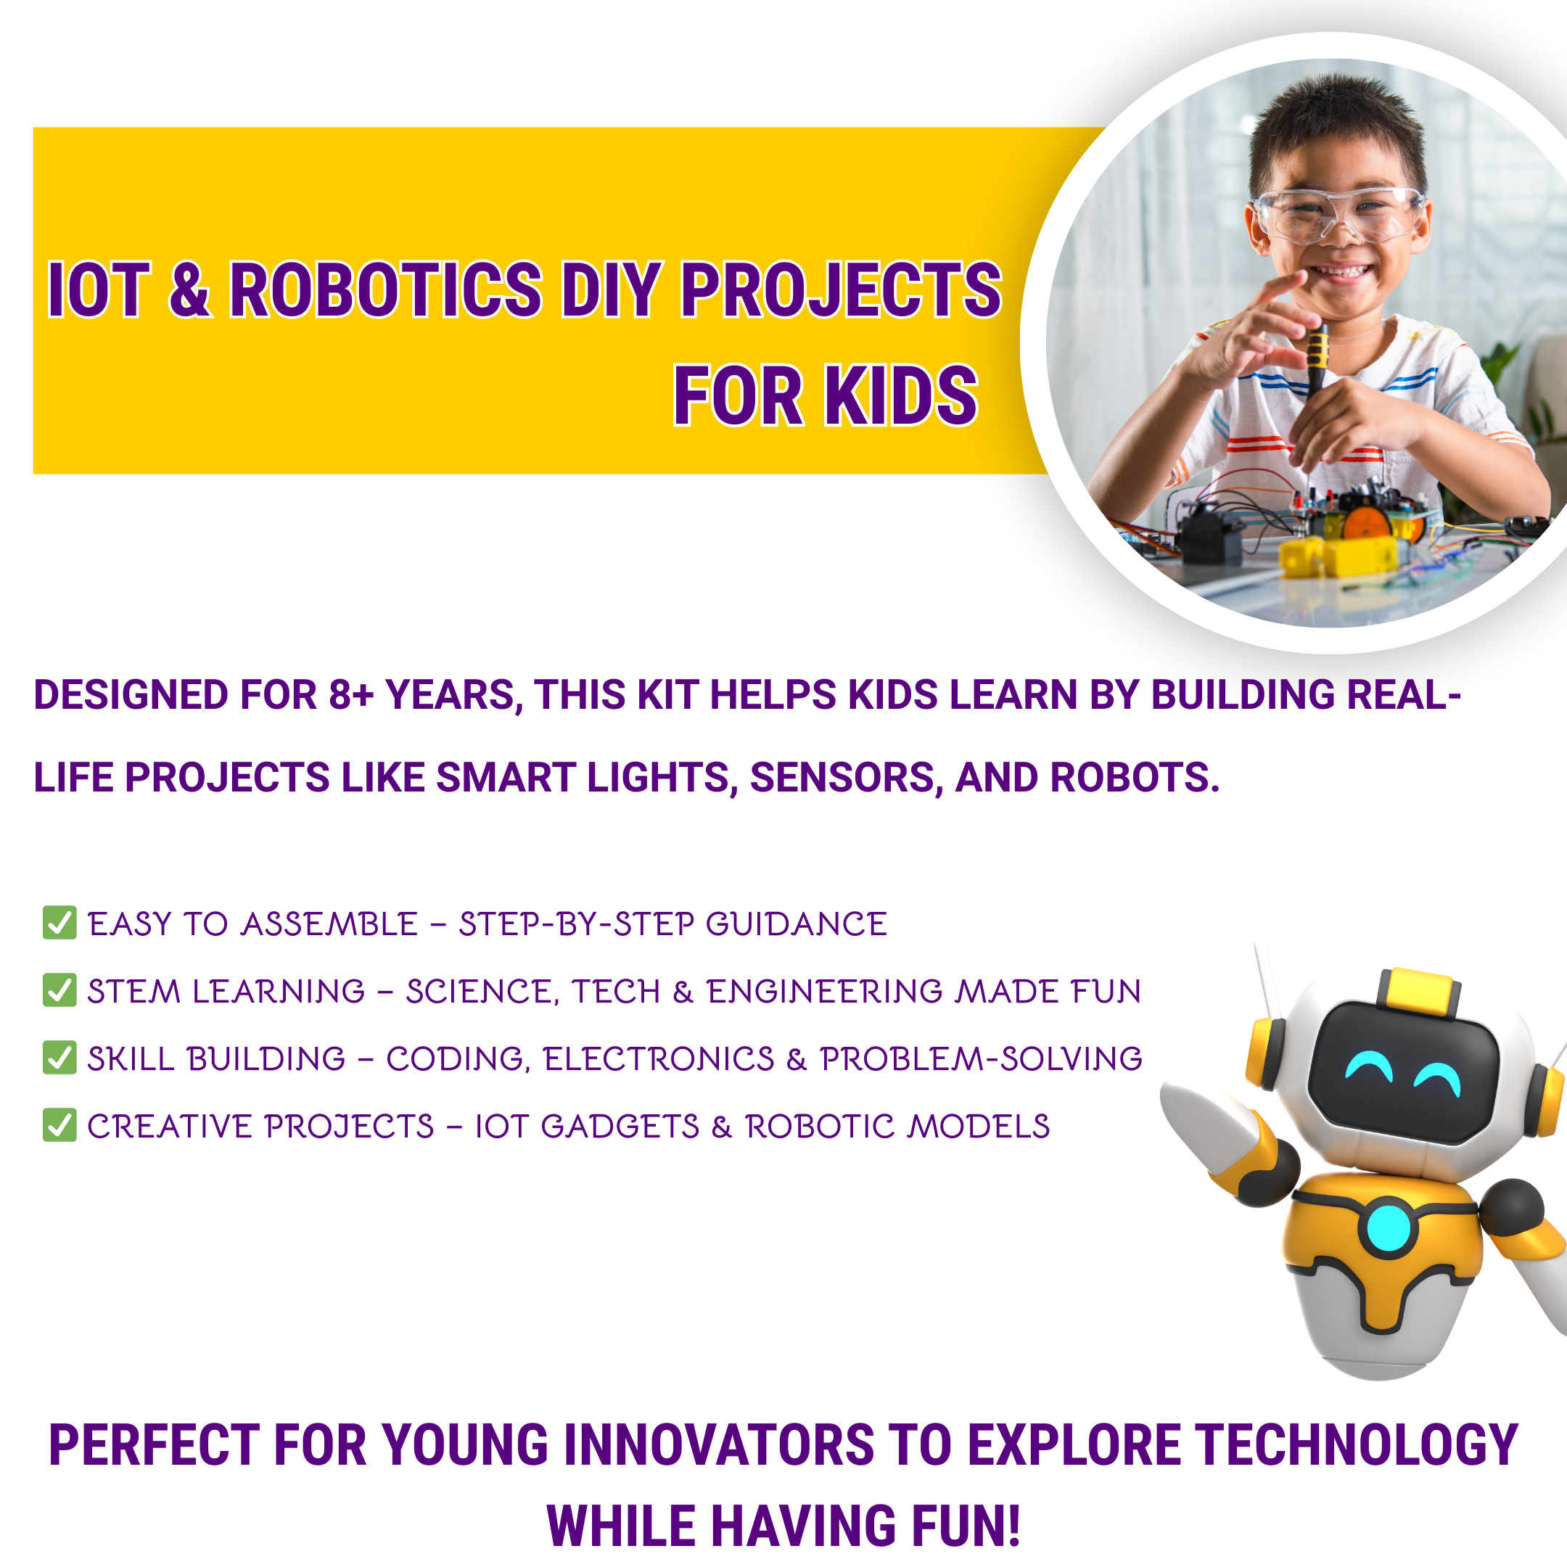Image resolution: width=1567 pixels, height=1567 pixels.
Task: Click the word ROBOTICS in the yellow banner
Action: tap(385, 289)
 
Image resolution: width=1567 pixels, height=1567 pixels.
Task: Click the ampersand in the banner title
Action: tap(190, 289)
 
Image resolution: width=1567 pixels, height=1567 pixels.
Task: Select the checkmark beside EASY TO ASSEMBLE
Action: tap(59, 922)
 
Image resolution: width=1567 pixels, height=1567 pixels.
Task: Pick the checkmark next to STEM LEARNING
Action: tap(59, 990)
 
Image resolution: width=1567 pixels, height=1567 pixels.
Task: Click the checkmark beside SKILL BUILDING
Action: tap(59, 1057)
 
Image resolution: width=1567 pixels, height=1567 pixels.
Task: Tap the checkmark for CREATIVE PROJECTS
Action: tap(59, 1124)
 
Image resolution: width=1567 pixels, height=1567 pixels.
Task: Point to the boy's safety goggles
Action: tap(1338, 213)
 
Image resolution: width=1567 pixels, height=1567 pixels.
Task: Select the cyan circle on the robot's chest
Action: tap(1389, 1227)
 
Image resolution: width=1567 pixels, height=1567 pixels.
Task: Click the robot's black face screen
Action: tap(1403, 1072)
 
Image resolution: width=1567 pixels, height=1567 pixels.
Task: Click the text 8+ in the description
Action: tap(350, 695)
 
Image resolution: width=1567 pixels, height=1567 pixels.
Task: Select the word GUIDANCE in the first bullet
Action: tap(797, 924)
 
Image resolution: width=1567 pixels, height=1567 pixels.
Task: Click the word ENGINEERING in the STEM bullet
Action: tap(825, 991)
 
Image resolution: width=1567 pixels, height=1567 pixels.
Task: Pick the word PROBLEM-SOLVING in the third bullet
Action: tap(981, 1058)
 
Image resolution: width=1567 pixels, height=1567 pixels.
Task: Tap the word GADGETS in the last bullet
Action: tap(620, 1126)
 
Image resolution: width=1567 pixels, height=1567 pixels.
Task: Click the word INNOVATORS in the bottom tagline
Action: tap(717, 1446)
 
